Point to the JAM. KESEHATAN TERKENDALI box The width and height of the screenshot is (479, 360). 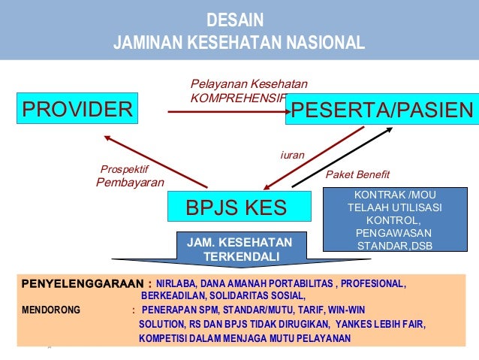click(x=240, y=250)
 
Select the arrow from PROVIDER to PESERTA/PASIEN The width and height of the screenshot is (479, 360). click(x=225, y=112)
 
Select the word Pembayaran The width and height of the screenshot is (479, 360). click(x=130, y=182)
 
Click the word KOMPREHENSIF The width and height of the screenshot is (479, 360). click(x=237, y=98)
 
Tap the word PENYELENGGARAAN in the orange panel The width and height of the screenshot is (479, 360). click(x=82, y=284)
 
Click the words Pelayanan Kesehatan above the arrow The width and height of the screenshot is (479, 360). click(x=249, y=83)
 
